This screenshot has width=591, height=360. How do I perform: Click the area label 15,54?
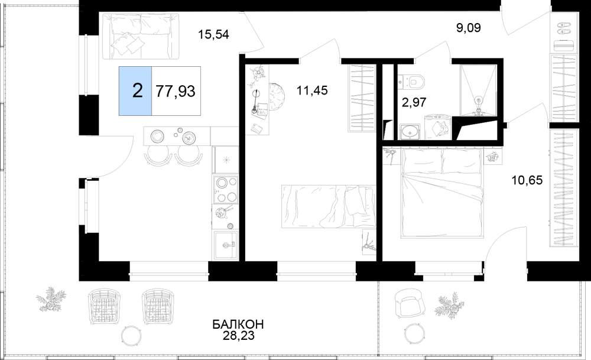(x=214, y=35)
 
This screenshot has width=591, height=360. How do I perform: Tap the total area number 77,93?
(x=176, y=91)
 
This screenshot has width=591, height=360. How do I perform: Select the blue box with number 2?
(x=136, y=91)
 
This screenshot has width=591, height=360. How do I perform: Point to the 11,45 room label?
(x=312, y=90)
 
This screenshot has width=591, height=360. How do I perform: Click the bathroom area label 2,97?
(x=414, y=102)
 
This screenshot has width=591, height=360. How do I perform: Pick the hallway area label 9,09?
(x=469, y=28)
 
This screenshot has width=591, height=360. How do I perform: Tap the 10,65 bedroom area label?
(x=527, y=180)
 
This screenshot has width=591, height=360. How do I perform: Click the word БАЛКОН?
(x=238, y=324)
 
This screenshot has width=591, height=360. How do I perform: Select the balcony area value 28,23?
(x=238, y=336)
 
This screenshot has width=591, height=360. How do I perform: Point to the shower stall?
(x=478, y=90)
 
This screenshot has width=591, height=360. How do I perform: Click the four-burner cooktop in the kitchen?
(x=225, y=190)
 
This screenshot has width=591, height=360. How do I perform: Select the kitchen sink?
(x=225, y=245)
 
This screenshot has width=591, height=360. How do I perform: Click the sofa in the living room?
(x=141, y=36)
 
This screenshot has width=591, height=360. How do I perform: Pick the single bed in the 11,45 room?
(x=329, y=206)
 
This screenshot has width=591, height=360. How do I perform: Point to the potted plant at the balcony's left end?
(x=50, y=299)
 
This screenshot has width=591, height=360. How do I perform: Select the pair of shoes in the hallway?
(x=564, y=28)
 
